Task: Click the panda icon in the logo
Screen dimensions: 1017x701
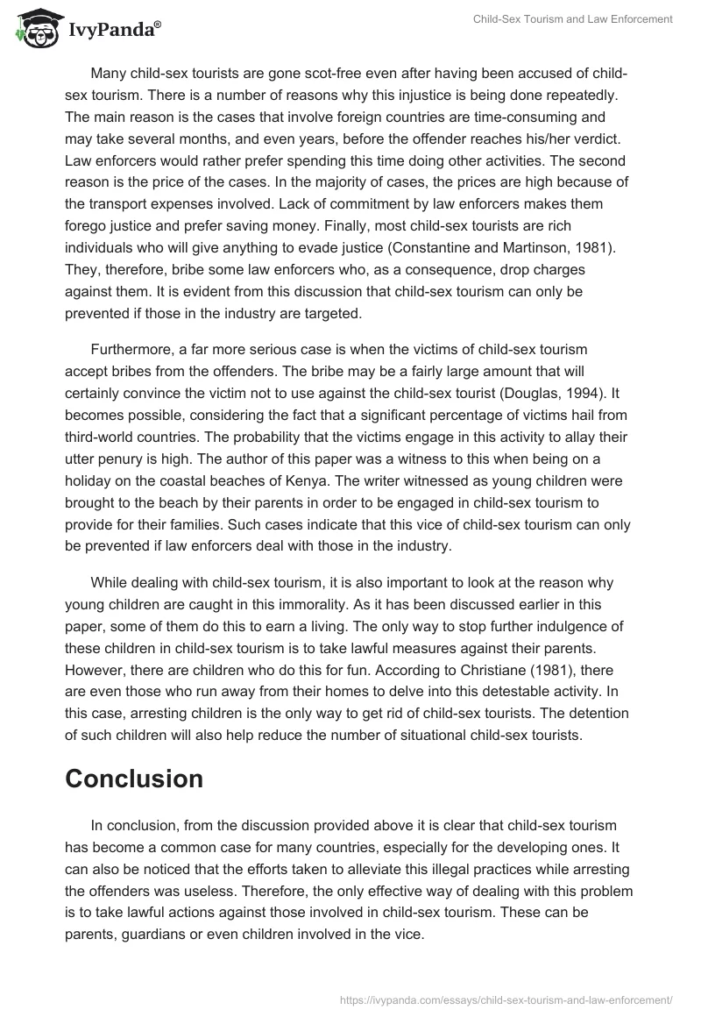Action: [x=34, y=29]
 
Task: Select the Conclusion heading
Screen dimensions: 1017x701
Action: [x=134, y=779]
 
